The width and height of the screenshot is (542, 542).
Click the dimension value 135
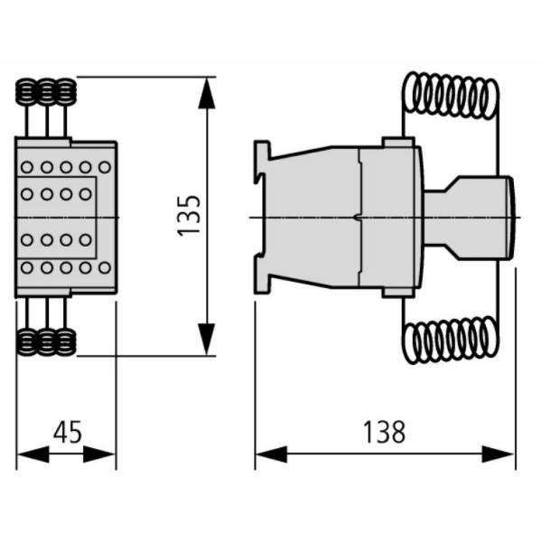(187, 216)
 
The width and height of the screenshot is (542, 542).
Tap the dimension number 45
(66, 432)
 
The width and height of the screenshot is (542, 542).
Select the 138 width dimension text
(385, 432)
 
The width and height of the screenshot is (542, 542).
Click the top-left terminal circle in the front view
(26, 167)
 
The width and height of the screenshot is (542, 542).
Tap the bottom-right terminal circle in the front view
(105, 267)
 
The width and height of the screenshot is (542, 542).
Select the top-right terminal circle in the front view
(105, 167)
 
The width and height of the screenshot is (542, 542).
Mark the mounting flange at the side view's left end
(262, 217)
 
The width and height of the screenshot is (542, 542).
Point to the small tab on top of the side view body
(398, 142)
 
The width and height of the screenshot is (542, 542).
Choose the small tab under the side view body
(398, 292)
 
